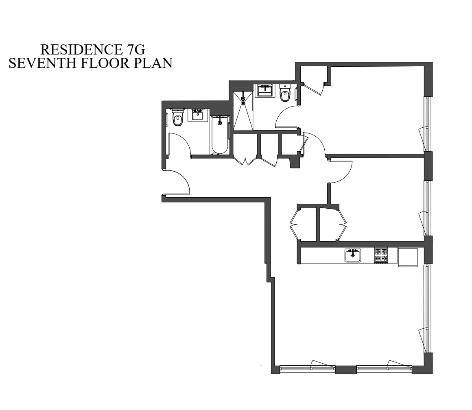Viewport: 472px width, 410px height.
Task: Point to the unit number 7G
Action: pos(134,50)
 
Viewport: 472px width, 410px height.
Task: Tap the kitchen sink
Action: pos(353,255)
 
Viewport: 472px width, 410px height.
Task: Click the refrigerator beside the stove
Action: pos(408,257)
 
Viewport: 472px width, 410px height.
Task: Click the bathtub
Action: pos(220,135)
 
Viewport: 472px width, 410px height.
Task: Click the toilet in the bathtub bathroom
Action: pos(177,118)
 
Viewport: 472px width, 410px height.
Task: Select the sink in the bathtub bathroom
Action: pos(198,115)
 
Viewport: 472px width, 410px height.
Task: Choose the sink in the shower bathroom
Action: pos(265,91)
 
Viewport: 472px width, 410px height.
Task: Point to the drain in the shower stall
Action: pos(243,99)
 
